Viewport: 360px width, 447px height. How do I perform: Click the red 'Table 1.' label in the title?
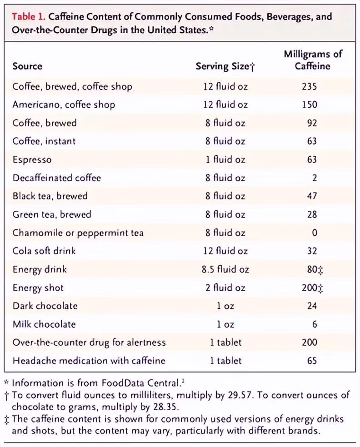tap(28, 18)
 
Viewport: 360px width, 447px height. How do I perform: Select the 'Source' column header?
tap(27, 66)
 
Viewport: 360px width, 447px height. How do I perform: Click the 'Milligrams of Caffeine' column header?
tap(313, 60)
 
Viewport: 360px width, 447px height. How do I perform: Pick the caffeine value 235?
tap(309, 86)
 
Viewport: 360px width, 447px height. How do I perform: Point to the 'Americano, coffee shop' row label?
tap(64, 104)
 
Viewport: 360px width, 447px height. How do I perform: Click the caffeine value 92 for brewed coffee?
tap(312, 123)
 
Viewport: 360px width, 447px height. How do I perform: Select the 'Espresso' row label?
tap(32, 159)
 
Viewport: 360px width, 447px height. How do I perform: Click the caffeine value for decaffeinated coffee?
tap(315, 178)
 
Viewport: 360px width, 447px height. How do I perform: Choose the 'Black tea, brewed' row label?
tap(50, 196)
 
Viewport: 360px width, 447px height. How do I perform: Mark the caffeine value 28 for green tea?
tap(312, 214)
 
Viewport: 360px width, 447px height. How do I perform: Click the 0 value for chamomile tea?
tap(315, 233)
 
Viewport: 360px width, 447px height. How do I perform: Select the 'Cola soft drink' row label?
tap(44, 251)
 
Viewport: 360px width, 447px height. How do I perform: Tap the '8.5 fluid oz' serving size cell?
tap(225, 269)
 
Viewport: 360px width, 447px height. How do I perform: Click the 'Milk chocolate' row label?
tap(44, 324)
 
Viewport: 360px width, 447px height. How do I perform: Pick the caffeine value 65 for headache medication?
tap(312, 361)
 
